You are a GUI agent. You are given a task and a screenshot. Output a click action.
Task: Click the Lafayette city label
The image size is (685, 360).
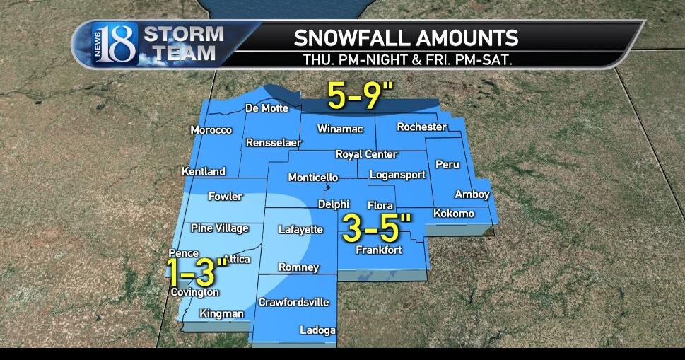click(x=300, y=230)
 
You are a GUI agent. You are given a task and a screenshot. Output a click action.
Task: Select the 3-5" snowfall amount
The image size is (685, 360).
click(x=377, y=228)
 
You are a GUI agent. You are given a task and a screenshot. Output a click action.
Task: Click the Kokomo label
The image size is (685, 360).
click(x=453, y=214)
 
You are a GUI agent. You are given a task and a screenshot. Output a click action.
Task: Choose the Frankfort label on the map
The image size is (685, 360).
click(x=379, y=250)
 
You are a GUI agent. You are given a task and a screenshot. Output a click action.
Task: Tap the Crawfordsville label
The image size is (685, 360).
click(x=293, y=302)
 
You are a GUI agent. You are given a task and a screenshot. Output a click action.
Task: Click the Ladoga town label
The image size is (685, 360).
click(x=317, y=330)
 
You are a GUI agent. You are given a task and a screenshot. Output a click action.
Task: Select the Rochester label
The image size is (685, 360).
click(x=421, y=127)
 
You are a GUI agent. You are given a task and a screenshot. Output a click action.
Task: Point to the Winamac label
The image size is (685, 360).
click(x=339, y=129)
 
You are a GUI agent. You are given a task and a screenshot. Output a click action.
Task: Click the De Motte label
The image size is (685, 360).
click(x=266, y=109)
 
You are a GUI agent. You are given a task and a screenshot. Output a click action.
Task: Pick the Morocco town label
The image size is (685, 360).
click(x=211, y=130)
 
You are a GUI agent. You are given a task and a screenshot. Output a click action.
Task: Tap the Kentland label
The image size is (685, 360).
click(x=203, y=172)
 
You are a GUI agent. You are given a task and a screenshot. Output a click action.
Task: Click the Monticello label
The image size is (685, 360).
click(x=312, y=178)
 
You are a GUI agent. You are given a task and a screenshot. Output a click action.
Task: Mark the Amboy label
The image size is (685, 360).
click(x=472, y=194)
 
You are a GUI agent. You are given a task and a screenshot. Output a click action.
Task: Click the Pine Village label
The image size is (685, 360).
click(x=219, y=228)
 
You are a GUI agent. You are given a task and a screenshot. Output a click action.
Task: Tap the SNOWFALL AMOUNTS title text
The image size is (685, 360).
click(x=406, y=37)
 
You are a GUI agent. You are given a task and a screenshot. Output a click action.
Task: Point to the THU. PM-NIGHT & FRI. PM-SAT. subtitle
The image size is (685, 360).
click(x=407, y=59)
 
